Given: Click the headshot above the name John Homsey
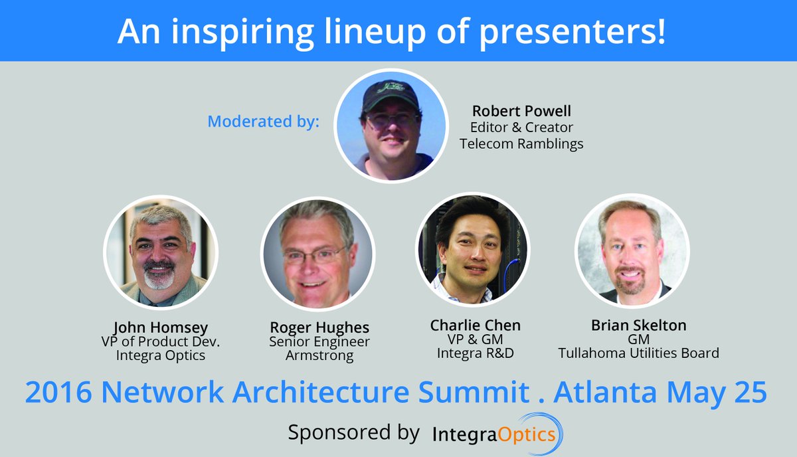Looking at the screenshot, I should [161, 252].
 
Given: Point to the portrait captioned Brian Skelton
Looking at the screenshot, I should [632, 251].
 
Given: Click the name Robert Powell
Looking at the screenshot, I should [521, 111].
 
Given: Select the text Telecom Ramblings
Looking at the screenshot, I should [521, 143].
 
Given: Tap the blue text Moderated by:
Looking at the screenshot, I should [263, 122].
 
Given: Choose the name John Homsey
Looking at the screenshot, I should [160, 327].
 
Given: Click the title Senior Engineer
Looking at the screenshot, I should [319, 342].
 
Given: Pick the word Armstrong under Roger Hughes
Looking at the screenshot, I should [319, 356].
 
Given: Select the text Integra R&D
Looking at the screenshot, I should [476, 353].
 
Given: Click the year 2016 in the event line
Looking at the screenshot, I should [58, 392].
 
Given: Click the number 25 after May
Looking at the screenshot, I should [749, 392].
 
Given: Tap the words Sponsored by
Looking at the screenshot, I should [353, 433].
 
